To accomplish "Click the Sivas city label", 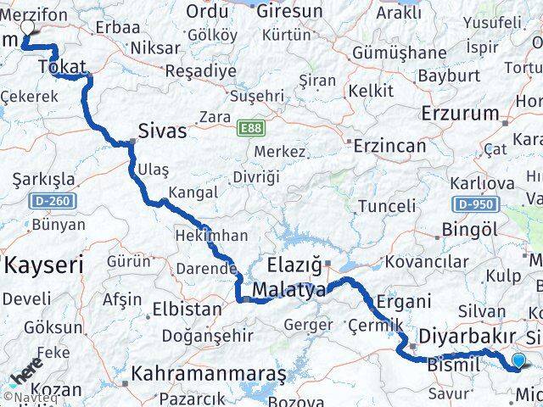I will coord(162,132).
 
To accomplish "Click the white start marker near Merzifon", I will coord(27,25).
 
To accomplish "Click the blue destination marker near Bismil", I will coord(519,361).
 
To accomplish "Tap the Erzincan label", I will coord(389,146).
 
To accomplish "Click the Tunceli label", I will coord(387,206).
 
